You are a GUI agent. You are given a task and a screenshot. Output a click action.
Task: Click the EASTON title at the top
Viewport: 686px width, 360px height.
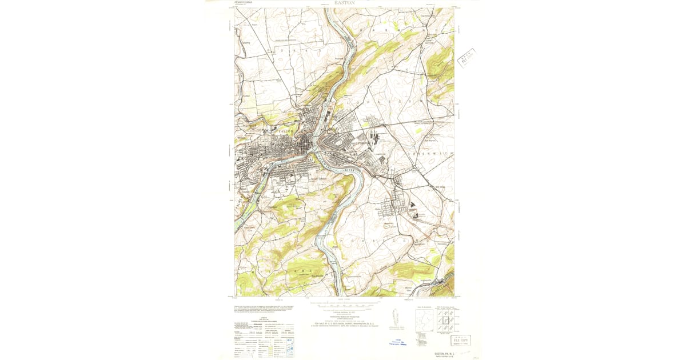click(344, 3)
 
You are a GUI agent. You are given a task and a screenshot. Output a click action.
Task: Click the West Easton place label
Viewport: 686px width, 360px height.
click(245, 191)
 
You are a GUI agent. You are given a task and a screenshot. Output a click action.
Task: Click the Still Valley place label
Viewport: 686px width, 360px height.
click(441, 186)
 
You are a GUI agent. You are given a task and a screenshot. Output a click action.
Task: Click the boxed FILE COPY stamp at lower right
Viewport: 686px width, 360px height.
click(461, 341)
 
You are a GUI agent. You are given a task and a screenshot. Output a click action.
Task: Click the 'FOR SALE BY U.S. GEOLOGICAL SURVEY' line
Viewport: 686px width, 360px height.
click(344, 323)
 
